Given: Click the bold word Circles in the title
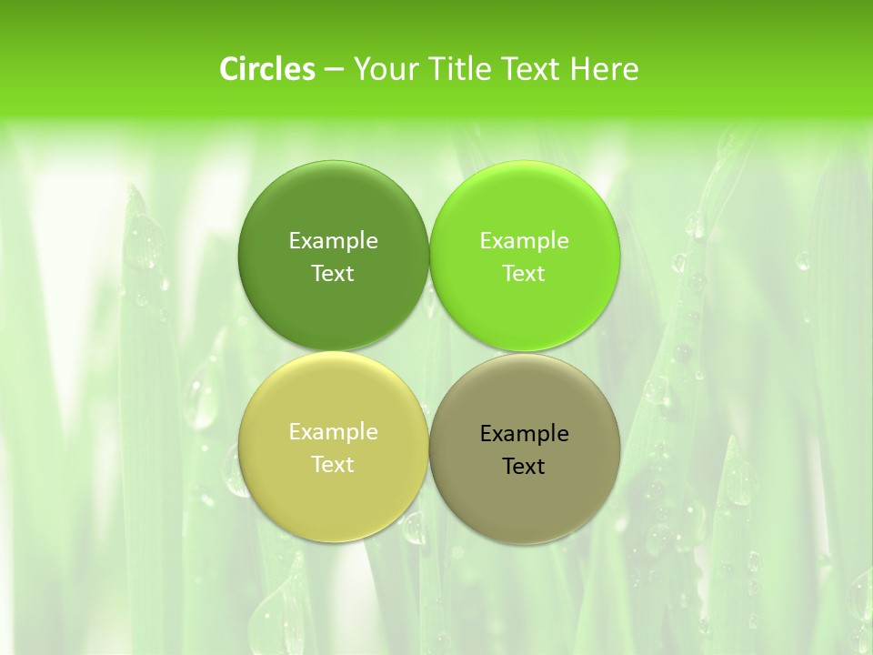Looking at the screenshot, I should pyautogui.click(x=267, y=69).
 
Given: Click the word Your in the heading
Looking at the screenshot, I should pyautogui.click(x=383, y=69).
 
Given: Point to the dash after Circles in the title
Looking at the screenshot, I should pyautogui.click(x=334, y=69).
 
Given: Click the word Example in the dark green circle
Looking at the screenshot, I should pyautogui.click(x=333, y=241).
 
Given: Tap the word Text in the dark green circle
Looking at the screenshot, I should pyautogui.click(x=333, y=274).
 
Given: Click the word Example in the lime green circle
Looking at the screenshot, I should pyautogui.click(x=524, y=241).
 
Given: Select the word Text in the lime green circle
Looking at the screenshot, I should pyautogui.click(x=524, y=274).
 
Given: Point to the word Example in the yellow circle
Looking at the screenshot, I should pyautogui.click(x=333, y=432).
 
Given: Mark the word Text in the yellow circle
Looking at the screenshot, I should pyautogui.click(x=333, y=465).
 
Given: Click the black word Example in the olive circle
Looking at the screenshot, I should pyautogui.click(x=524, y=434).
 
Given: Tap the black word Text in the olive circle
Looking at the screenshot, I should pyautogui.click(x=524, y=467).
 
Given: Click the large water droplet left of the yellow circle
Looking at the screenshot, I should pyautogui.click(x=202, y=400).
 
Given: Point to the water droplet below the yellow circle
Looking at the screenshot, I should pyautogui.click(x=416, y=528).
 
